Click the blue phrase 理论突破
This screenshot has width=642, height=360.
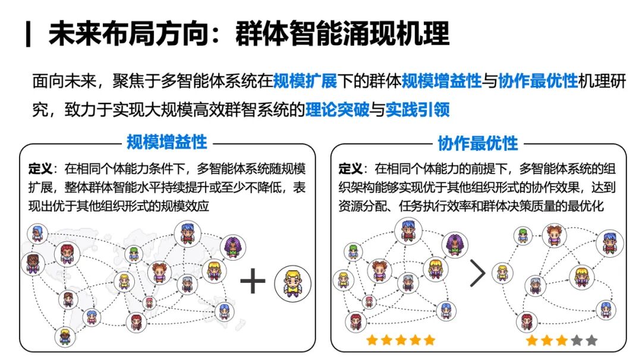[x=337, y=109]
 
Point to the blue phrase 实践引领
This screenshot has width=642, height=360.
[x=417, y=109]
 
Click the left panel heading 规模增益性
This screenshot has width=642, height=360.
[x=166, y=143]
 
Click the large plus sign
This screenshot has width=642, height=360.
[x=253, y=281]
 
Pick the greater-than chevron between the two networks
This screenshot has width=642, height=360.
[x=477, y=273]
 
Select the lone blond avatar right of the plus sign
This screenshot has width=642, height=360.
[x=292, y=282]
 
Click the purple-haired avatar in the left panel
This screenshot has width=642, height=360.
[x=233, y=247]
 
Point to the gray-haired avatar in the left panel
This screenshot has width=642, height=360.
[x=187, y=283]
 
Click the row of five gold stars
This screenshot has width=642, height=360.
[x=401, y=340]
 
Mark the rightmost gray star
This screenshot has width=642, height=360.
[x=591, y=340]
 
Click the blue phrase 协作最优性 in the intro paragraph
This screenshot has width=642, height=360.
[x=537, y=81]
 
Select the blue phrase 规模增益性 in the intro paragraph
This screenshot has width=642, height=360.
[x=441, y=81]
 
